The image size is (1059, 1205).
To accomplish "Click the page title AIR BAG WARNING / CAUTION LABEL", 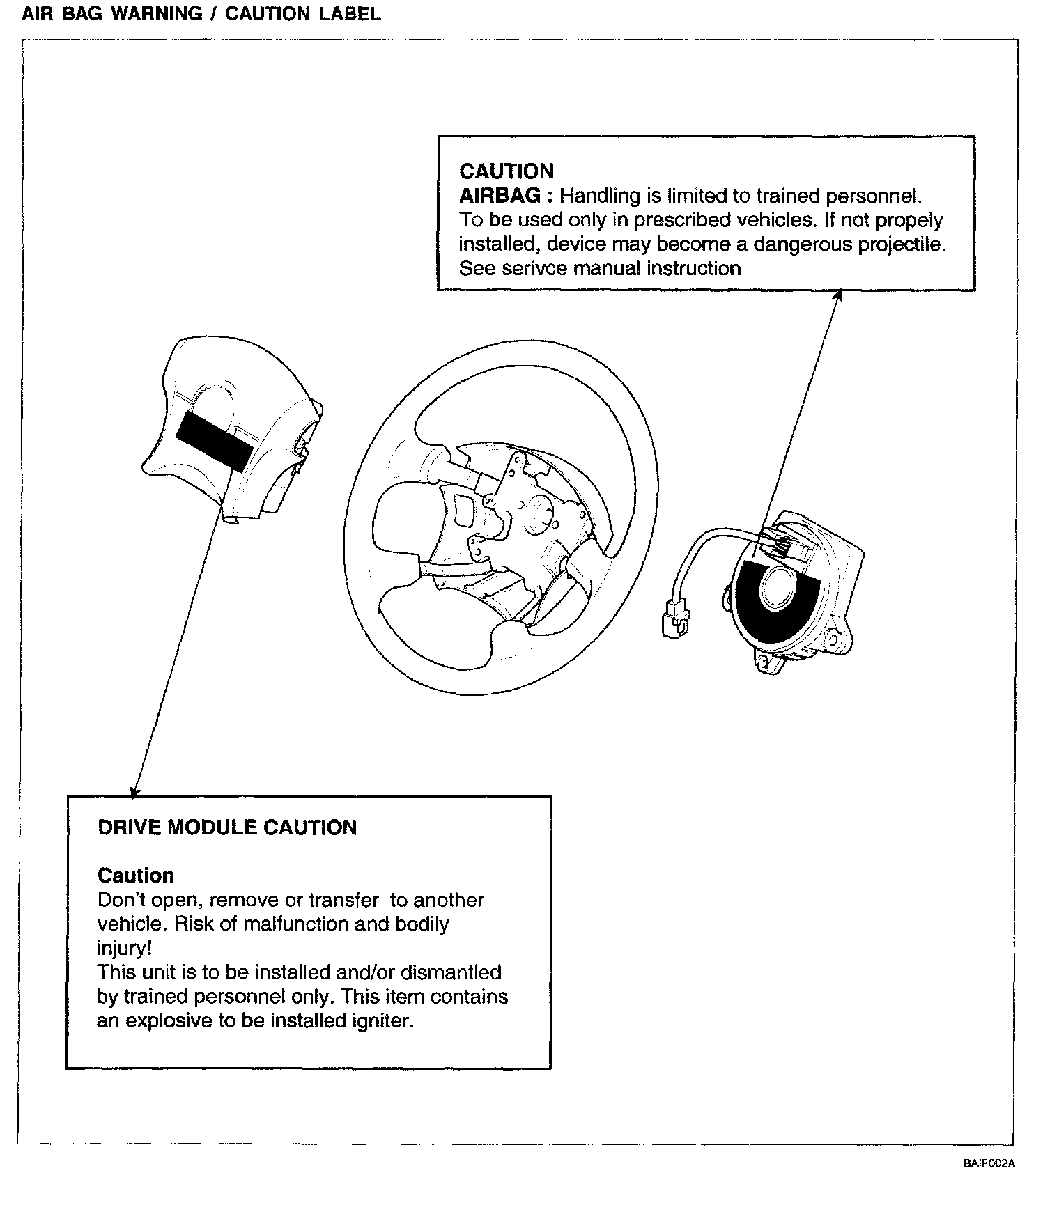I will click(201, 14).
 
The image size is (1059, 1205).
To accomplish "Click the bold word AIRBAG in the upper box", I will click(500, 196).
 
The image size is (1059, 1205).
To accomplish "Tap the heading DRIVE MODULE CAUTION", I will click(227, 827).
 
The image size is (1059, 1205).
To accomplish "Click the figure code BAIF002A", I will click(989, 1163).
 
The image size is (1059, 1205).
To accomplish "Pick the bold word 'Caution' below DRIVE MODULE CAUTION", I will click(136, 876).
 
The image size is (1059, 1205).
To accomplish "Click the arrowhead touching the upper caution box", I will click(840, 295).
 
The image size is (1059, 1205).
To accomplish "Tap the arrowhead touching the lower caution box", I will click(134, 792).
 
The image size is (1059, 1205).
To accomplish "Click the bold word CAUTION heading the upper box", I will click(507, 171).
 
